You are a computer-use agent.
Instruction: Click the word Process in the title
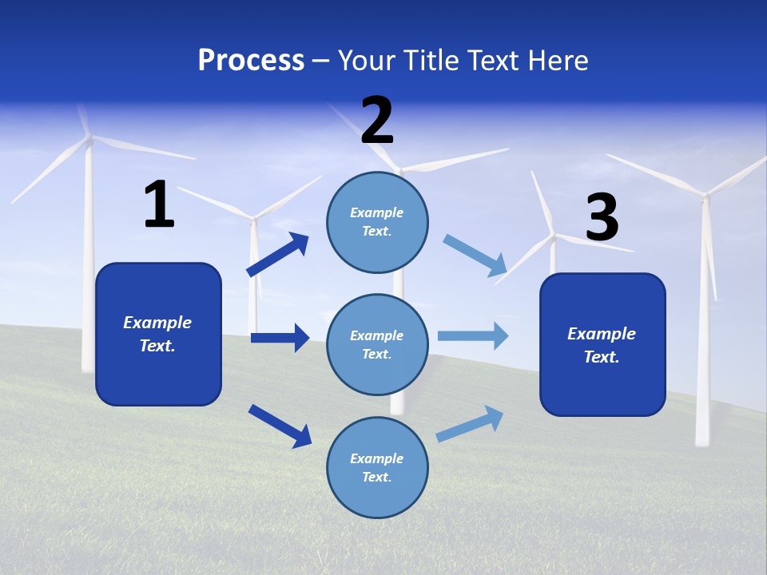251,61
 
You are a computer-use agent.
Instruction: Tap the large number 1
159,204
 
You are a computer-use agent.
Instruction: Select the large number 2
377,121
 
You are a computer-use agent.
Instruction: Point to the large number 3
602,218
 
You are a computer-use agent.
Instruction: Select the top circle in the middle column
377,222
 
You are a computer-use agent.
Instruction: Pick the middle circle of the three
377,344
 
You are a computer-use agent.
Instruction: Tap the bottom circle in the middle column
377,467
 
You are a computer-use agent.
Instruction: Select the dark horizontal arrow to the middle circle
280,338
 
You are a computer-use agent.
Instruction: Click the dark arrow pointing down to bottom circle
280,426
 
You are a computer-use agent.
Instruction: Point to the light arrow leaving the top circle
475,256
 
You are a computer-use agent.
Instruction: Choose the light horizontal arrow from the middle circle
473,336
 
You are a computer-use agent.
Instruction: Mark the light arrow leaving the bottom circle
470,424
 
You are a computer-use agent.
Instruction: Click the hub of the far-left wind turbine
89,139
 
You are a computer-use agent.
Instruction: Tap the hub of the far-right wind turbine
705,194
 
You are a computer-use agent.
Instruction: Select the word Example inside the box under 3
602,334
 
